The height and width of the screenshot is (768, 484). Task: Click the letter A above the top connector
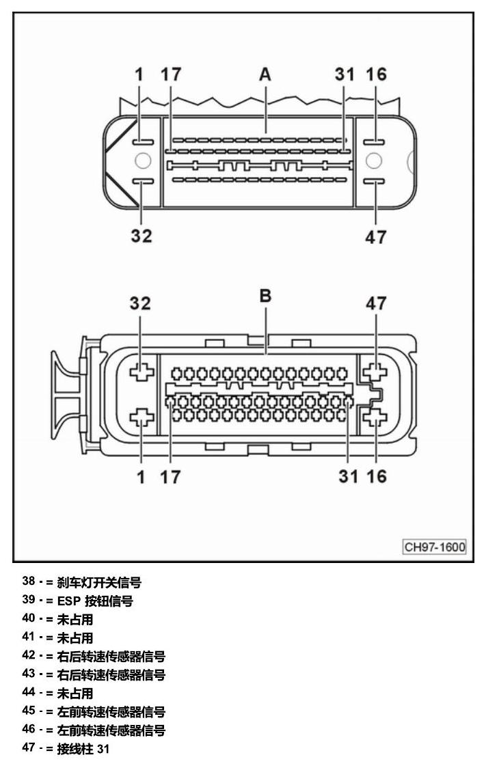point(265,74)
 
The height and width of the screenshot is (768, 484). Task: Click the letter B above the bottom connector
point(265,296)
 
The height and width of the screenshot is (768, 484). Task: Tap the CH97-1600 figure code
point(435,547)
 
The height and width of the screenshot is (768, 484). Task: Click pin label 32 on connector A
point(141,236)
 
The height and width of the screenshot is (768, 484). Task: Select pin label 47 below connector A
point(376,238)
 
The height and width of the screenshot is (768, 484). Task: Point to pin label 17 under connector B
point(170,476)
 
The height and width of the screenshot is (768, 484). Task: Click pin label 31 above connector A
point(345,74)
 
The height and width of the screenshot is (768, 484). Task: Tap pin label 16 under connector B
point(376,476)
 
